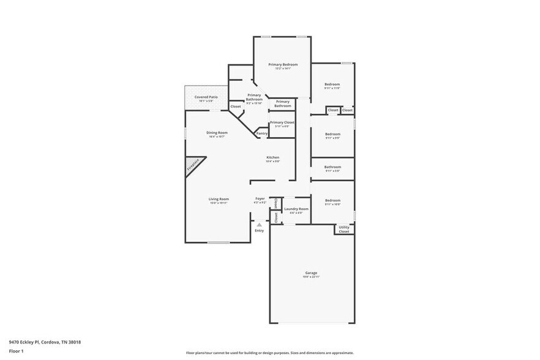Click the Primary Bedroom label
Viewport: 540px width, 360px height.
pos(282,64)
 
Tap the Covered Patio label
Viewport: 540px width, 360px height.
pos(206,97)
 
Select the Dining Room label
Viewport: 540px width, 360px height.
pos(217,133)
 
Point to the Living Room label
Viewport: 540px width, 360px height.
pos(219,199)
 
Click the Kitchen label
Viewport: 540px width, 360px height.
pos(272,157)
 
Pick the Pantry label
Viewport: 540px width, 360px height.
pos(262,133)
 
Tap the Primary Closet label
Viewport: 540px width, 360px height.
pos(282,122)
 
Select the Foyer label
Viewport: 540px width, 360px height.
pos(260,199)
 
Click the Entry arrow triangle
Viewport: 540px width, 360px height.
pos(259,225)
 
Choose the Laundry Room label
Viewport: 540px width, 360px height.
pos(296,209)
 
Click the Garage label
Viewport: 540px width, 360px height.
pos(312,273)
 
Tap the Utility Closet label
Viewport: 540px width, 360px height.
pos(344,230)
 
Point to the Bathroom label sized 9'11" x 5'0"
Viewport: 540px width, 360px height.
pos(332,167)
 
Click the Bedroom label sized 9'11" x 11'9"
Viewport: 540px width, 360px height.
pos(332,84)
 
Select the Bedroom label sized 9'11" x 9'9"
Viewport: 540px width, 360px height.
pos(332,134)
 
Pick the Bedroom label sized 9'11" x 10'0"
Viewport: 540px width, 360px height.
pos(332,201)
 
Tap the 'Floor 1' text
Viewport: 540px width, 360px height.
pos(16,351)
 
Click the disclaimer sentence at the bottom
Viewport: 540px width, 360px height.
pos(270,353)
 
